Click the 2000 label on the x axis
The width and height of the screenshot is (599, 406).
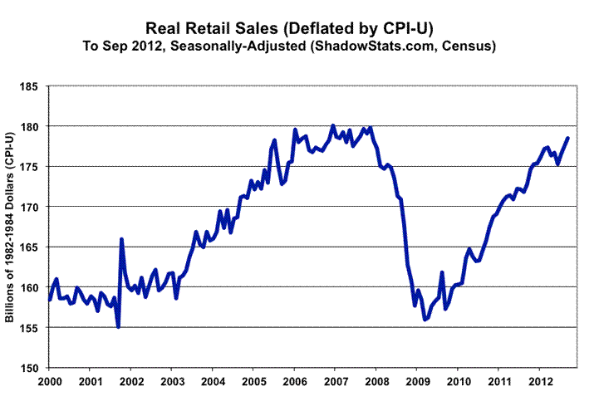coord(49,384)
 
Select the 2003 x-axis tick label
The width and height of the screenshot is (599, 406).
coord(171,384)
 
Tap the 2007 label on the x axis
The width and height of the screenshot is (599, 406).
coord(334,384)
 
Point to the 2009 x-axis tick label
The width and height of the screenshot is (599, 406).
coord(415,384)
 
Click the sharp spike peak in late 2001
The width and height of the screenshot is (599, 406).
coord(121,239)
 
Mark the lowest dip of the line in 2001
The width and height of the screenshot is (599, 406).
coord(118,327)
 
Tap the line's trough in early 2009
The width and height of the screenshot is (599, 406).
coord(425,320)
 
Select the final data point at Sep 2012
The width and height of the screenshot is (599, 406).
coord(568,138)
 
